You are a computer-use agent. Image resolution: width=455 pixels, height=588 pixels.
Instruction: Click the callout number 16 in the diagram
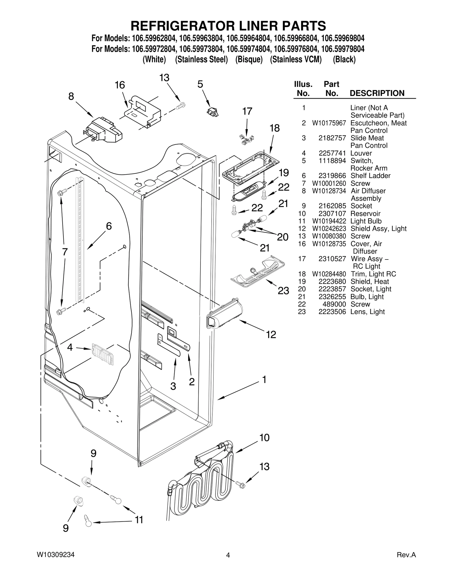click(x=120, y=85)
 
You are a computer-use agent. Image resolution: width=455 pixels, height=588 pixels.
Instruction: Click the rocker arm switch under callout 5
click(x=213, y=112)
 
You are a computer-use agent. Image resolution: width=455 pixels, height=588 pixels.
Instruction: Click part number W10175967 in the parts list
click(x=329, y=123)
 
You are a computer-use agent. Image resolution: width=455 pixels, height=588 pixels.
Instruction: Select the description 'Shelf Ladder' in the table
click(x=370, y=176)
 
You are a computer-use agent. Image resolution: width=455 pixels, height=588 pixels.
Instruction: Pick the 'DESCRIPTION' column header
click(x=377, y=93)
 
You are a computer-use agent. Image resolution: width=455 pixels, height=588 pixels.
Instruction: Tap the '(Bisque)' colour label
click(x=249, y=59)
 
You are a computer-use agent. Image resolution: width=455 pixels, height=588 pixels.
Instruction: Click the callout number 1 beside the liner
click(x=264, y=379)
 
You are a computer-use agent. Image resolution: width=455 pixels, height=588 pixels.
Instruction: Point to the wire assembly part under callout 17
click(x=246, y=139)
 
